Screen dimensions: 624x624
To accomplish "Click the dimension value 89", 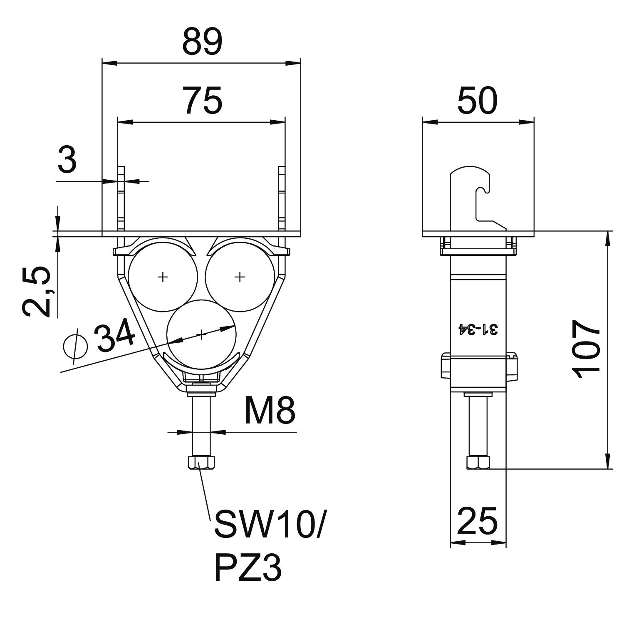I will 202,42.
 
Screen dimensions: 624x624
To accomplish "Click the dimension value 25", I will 477,520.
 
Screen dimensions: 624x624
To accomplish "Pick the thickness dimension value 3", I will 67,160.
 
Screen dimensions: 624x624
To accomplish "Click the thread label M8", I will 270,411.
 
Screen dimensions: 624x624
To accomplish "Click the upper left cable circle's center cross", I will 163,276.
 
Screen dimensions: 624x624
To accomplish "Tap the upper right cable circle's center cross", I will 240,276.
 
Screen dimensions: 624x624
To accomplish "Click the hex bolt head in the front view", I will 201,462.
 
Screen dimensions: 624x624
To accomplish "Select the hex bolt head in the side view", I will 478,463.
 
